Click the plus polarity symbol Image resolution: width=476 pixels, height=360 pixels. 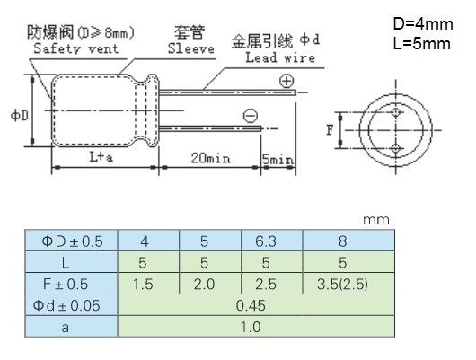click(x=286, y=81)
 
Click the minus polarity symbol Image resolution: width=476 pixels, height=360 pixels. click(x=251, y=116)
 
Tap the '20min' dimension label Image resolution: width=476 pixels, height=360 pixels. click(x=210, y=158)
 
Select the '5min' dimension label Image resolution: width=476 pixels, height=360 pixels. click(x=278, y=160)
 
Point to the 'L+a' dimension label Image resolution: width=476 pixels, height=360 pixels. click(x=101, y=157)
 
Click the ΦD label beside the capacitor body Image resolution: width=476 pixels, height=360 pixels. click(x=20, y=115)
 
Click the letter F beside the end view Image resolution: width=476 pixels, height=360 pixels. click(x=330, y=130)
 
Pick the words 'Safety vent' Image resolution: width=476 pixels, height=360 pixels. click(x=76, y=48)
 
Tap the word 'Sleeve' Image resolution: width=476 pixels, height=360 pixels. click(x=191, y=48)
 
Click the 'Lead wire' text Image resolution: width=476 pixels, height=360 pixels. click(x=280, y=57)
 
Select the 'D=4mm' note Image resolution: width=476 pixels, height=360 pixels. click(x=423, y=24)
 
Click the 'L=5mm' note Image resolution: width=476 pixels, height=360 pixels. click(x=422, y=44)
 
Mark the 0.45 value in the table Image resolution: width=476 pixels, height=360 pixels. click(x=251, y=305)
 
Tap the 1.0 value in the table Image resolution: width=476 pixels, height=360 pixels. click(x=251, y=327)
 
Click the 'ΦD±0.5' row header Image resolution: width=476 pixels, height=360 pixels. click(x=71, y=241)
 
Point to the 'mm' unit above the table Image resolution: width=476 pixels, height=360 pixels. click(x=376, y=220)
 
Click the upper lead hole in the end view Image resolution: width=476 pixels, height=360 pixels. click(x=395, y=112)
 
